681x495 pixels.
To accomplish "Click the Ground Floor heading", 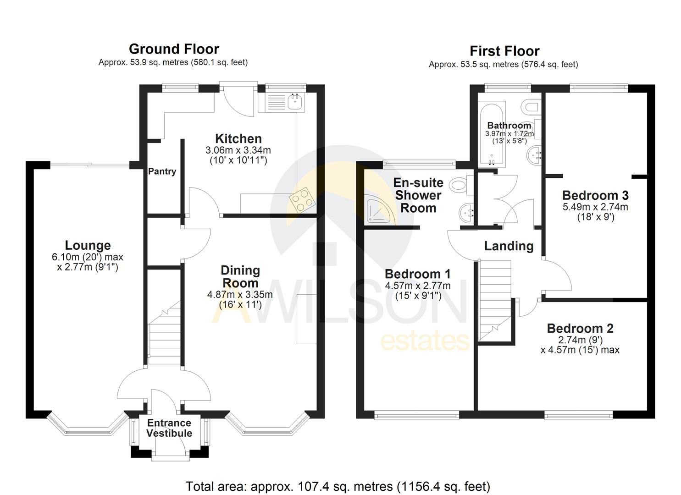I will (x=174, y=49).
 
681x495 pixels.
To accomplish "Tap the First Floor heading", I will (x=504, y=51).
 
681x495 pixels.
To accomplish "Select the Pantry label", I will (x=162, y=171).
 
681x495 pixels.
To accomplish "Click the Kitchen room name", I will (x=238, y=138).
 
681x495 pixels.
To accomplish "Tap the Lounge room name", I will (x=88, y=246).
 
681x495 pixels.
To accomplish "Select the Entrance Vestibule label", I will (x=169, y=428).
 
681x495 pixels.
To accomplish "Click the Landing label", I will (x=509, y=246).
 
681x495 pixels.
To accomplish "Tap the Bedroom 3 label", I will (x=595, y=195).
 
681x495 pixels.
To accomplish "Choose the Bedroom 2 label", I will (x=580, y=328).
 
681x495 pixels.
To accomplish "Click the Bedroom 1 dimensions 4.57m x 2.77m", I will (x=417, y=286).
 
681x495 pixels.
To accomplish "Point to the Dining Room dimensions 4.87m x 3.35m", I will (x=240, y=295).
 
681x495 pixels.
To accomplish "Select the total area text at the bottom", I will (x=338, y=486).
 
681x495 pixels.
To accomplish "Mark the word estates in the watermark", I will (x=425, y=341).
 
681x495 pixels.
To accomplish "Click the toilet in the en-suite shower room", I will (x=460, y=185).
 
